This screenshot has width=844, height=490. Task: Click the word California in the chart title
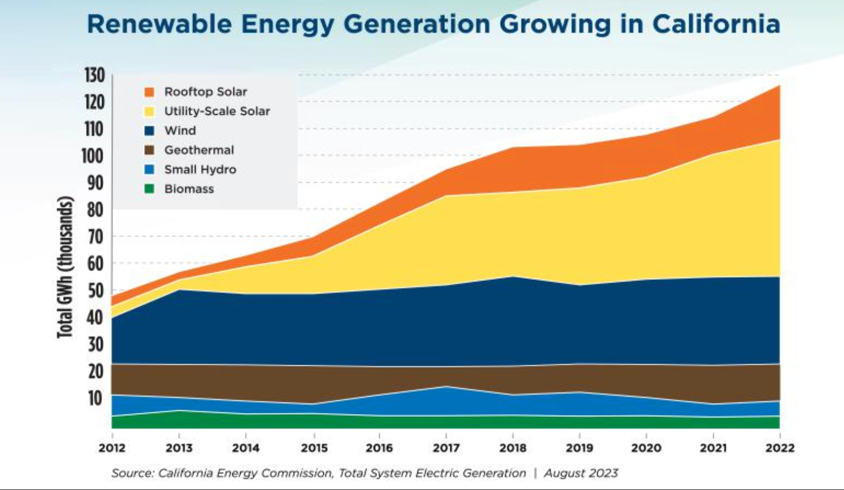point(716,24)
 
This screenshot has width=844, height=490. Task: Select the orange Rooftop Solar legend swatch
point(149,92)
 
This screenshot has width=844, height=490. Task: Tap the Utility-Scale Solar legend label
point(217,111)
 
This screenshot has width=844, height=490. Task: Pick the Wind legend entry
point(180,131)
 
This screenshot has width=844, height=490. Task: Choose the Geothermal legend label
point(199,150)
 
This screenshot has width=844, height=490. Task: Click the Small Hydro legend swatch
point(149,170)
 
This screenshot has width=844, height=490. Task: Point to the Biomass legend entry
point(189,189)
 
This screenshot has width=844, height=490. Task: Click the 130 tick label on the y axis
point(94,75)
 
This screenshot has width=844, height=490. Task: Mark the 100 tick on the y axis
point(93,156)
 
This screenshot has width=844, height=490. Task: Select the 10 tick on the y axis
point(95,398)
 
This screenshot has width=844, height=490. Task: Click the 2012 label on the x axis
point(112,448)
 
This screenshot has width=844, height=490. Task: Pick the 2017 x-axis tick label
point(446,448)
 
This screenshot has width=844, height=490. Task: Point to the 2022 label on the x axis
point(780,448)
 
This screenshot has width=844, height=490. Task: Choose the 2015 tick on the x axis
point(314,448)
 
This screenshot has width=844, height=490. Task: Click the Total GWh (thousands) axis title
point(65,267)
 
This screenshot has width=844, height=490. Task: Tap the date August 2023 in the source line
point(581,473)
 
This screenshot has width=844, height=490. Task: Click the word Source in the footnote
point(131,473)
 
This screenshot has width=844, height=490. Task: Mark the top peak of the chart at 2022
point(779,85)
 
